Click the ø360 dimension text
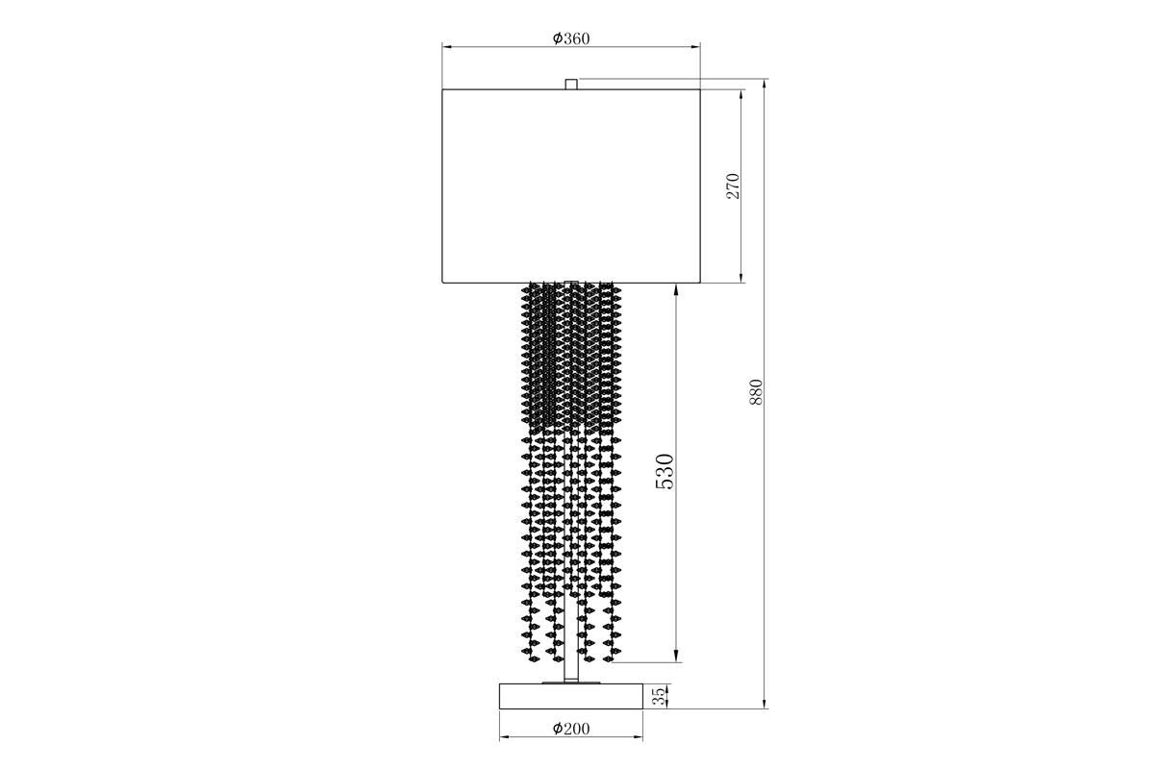(x=571, y=38)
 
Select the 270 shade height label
(x=732, y=186)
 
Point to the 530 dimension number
(x=665, y=472)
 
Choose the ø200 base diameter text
(x=571, y=729)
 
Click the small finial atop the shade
(x=571, y=85)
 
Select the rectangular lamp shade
(x=571, y=186)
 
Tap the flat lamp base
(x=571, y=696)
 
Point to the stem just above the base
(x=571, y=668)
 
